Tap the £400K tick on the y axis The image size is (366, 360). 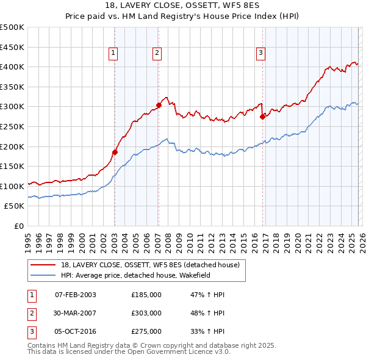[12, 67]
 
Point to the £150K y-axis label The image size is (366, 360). [12, 166]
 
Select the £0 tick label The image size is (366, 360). [18, 226]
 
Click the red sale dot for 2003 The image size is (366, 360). [115, 152]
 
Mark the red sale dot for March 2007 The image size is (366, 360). [159, 105]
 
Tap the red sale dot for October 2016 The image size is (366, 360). [262, 116]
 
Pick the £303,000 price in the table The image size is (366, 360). [146, 313]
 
